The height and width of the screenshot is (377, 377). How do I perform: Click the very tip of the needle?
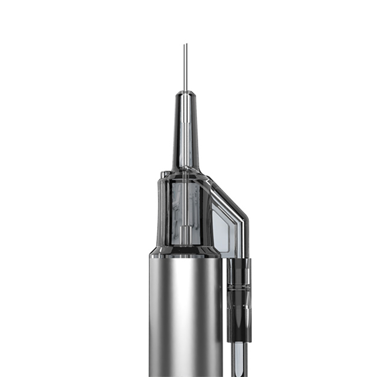click(185, 45)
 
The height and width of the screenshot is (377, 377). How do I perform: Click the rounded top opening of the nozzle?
click(185, 94)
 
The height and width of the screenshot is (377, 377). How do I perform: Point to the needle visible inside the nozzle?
click(186, 141)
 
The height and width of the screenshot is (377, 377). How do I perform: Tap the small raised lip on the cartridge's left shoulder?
click(163, 175)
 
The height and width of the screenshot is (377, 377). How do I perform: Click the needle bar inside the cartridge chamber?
click(186, 203)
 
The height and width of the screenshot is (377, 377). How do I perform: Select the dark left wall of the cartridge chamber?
click(162, 212)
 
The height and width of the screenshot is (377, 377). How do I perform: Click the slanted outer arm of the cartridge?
click(231, 198)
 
